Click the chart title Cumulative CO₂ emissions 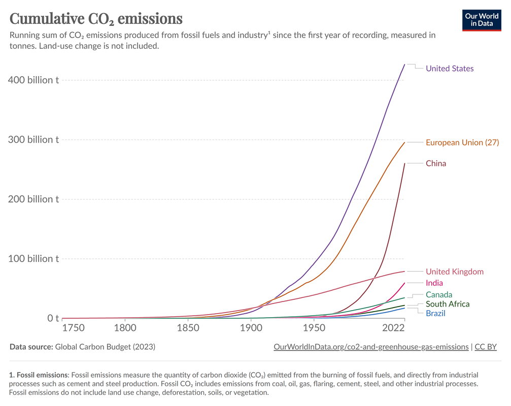pos(96,19)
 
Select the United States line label pos(450,69)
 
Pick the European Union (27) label pos(462,143)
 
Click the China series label pos(436,163)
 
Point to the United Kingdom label pos(455,272)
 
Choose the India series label pos(434,283)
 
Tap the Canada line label pos(439,294)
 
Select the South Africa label pos(448,304)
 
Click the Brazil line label pos(435,313)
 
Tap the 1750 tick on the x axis pos(73,328)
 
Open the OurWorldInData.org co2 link pos(370,347)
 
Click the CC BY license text pos(486,347)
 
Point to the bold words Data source pos(30,347)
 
